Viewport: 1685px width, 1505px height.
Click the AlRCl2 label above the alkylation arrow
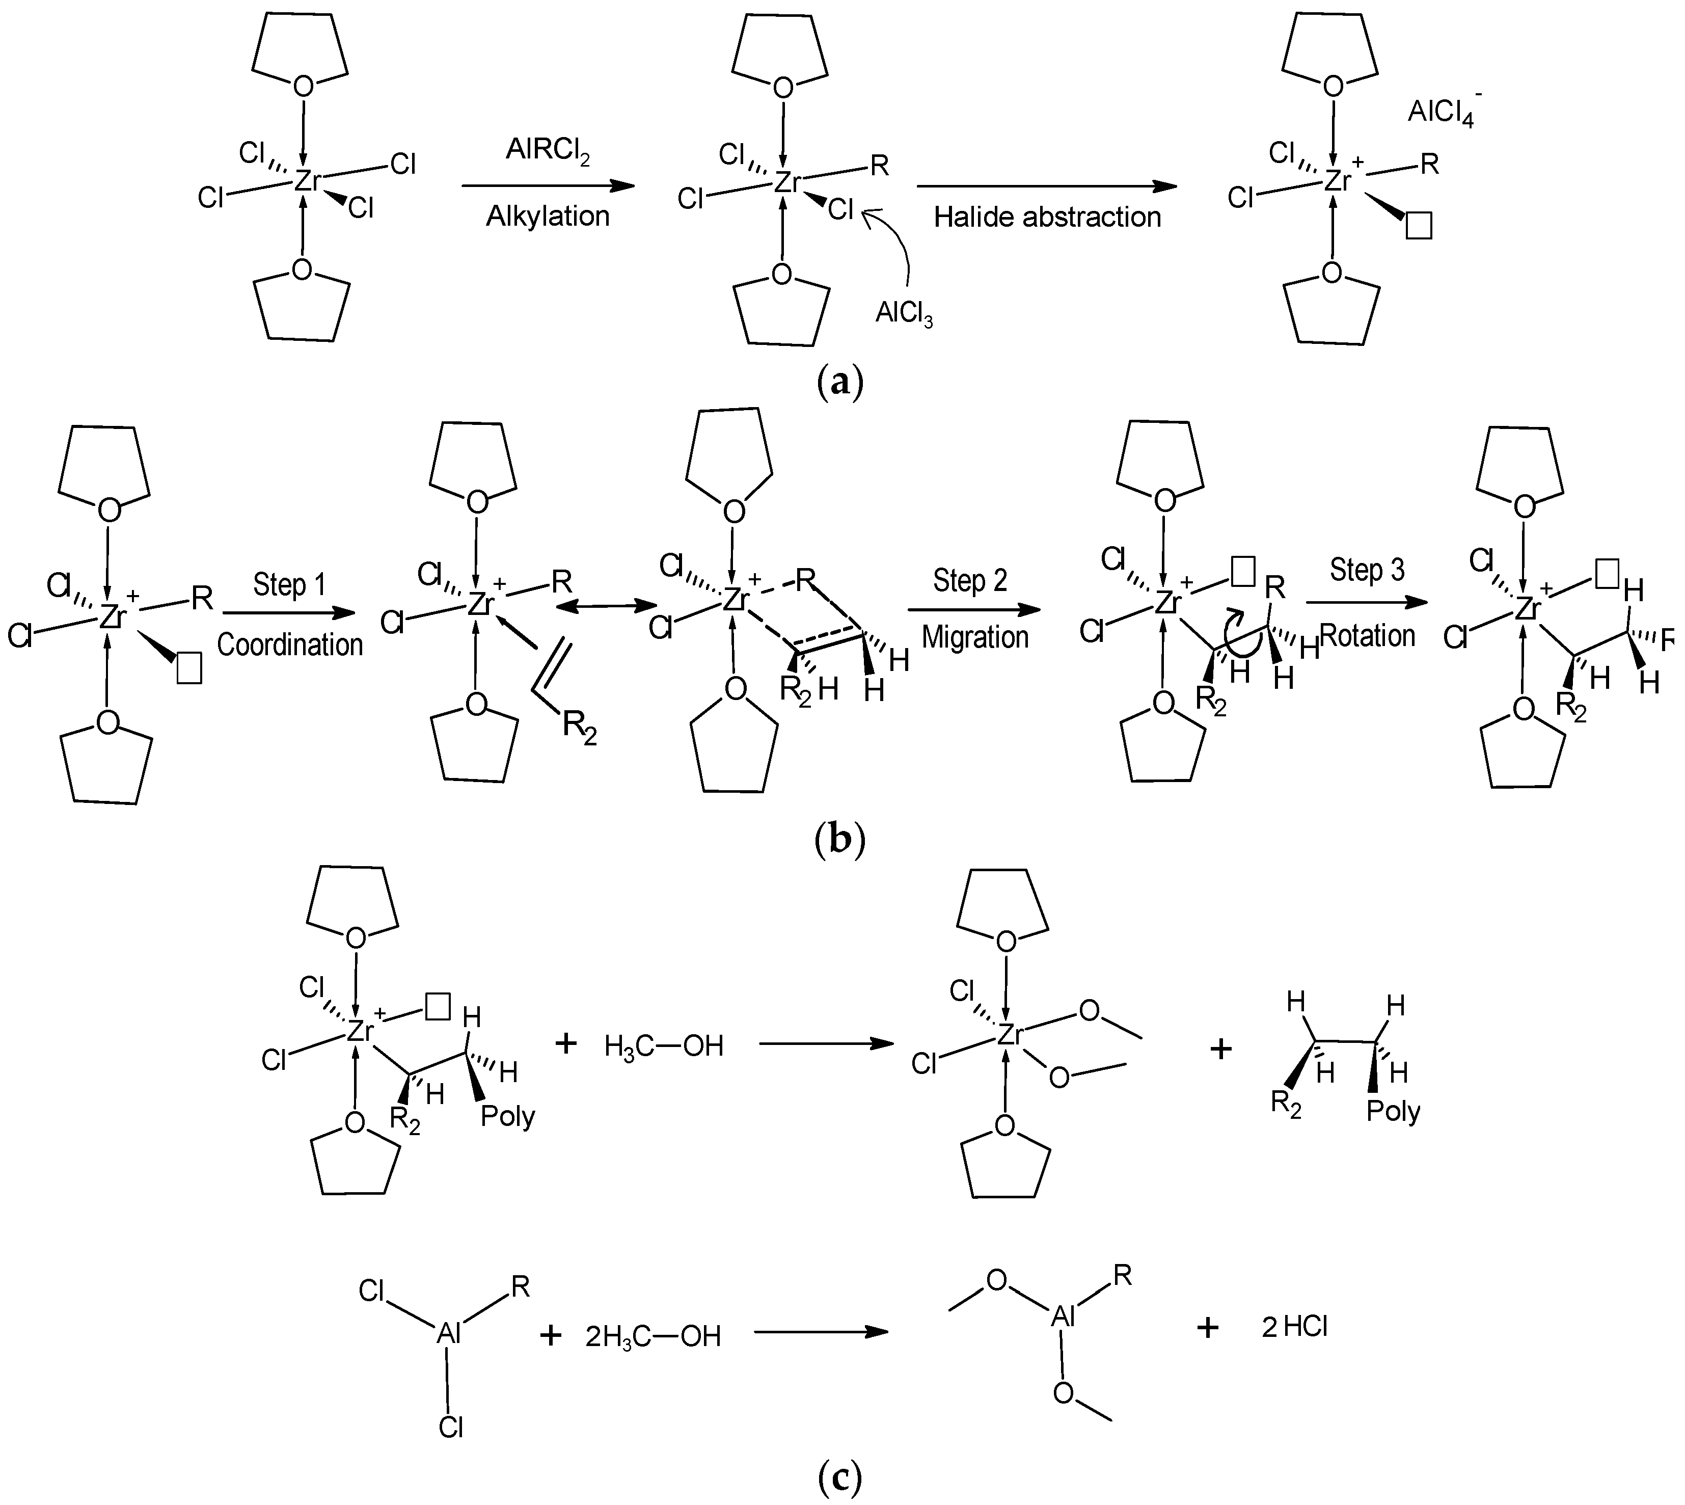548,153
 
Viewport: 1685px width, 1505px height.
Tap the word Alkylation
548,217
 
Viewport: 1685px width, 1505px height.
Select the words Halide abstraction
1048,218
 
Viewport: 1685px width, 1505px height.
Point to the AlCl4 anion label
1444,111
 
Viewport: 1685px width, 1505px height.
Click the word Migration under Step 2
975,637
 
